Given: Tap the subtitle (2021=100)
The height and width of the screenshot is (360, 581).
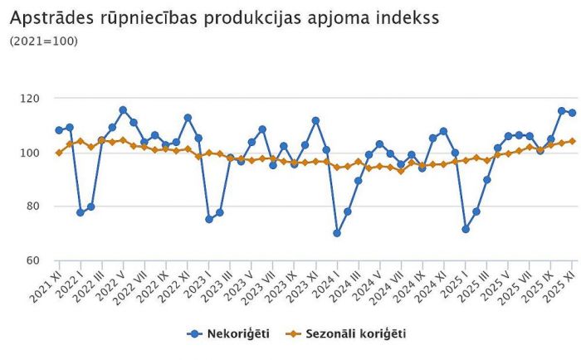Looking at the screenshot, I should pos(43,40).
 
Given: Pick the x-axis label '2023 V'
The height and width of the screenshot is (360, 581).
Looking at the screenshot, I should pos(243,284).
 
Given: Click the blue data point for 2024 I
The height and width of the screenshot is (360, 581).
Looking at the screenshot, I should pos(337,233).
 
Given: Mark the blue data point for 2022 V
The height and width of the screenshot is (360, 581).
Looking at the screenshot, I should pos(123,109).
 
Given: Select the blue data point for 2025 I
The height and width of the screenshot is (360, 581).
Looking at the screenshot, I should pos(466,229).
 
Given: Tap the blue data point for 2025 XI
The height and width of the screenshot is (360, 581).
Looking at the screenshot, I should pos(572,113).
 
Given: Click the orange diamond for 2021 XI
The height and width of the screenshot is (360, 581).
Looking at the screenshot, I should pos(59,153).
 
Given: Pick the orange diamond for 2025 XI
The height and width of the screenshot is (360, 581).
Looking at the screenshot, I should pos(572,141).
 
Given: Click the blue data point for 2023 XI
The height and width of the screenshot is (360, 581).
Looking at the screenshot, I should pos(315,120).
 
